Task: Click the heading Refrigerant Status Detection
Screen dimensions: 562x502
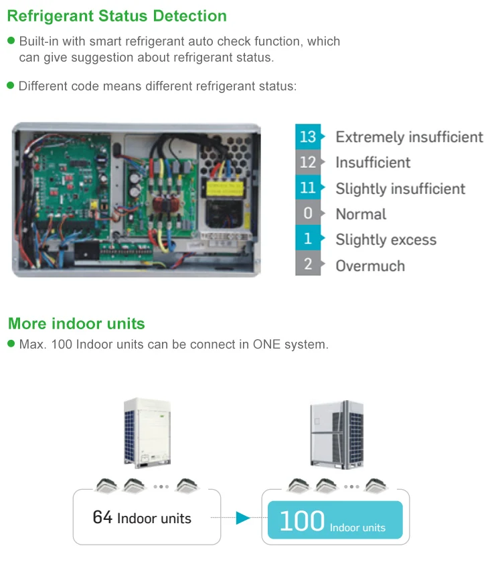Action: tap(117, 15)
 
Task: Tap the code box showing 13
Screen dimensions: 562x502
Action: tap(307, 136)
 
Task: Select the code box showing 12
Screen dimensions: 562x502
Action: tap(307, 163)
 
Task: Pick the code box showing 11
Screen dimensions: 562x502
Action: tap(307, 188)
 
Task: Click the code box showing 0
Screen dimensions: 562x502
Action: tap(307, 214)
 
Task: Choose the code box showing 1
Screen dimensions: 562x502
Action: tap(307, 240)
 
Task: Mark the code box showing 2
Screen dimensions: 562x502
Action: tap(307, 265)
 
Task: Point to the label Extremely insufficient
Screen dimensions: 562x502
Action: tap(409, 137)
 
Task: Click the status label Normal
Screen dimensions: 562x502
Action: tap(361, 215)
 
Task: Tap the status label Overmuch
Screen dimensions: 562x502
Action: tap(370, 266)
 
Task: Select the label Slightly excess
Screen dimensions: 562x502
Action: tap(386, 240)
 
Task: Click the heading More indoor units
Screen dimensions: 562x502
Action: tap(76, 324)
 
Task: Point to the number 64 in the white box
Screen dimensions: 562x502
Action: tap(102, 517)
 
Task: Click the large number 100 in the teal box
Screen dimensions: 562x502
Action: tap(301, 521)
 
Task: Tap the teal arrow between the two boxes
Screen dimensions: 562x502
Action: tap(242, 518)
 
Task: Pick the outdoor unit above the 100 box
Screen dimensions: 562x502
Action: tap(336, 433)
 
